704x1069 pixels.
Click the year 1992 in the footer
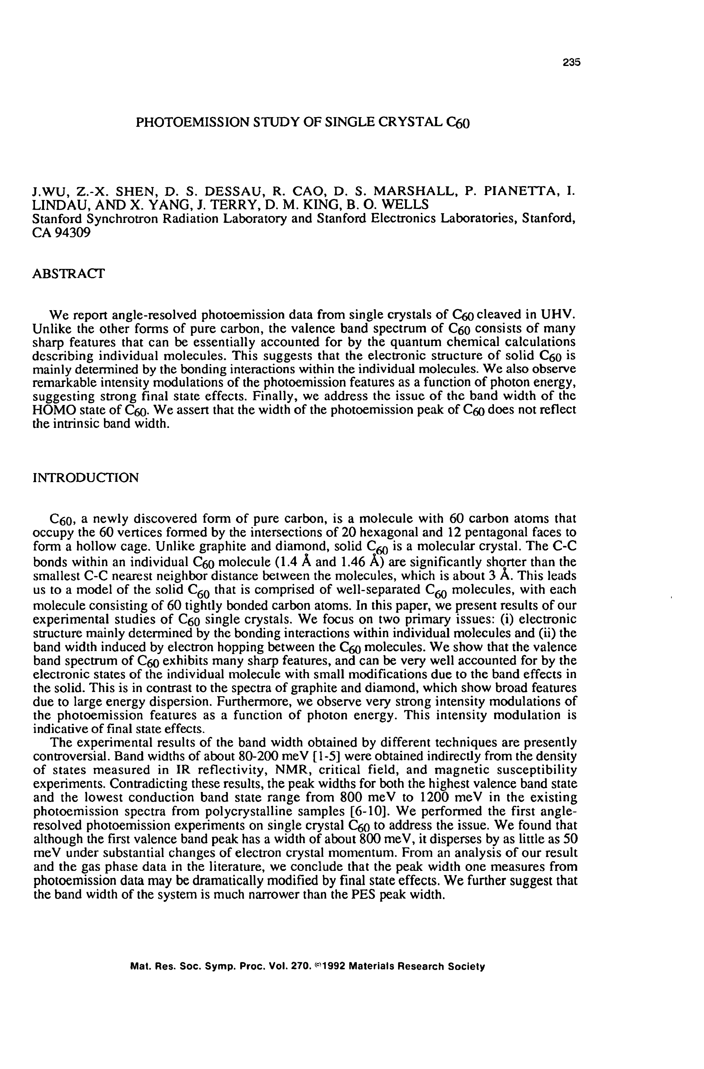[x=333, y=966]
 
